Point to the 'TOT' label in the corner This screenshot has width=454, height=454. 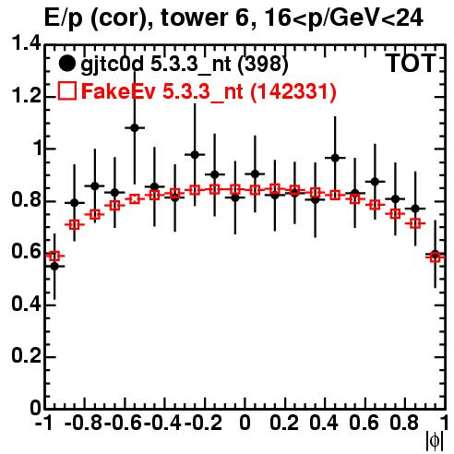click(412, 63)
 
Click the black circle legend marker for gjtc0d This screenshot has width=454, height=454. click(66, 64)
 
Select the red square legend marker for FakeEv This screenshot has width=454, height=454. click(67, 90)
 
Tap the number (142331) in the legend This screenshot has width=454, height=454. click(293, 91)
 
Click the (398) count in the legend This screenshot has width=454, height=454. click(263, 64)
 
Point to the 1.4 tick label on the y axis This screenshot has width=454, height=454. click(26, 44)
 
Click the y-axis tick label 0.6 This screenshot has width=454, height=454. click(26, 252)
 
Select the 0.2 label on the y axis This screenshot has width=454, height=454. click(26, 355)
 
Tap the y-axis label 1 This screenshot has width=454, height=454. click(37, 149)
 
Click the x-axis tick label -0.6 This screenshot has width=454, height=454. click(124, 424)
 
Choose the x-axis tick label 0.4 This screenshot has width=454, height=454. click(324, 424)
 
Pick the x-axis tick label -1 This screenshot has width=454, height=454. click(44, 424)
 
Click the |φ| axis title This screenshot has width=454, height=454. click(435, 441)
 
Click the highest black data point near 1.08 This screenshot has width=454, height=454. click(135, 127)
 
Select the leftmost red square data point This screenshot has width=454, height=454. click(54, 256)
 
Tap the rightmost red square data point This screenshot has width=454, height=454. click(436, 257)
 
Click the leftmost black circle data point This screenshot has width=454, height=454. click(54, 267)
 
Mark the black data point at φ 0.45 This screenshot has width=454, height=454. click(335, 158)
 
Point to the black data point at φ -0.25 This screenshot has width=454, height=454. click(195, 155)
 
